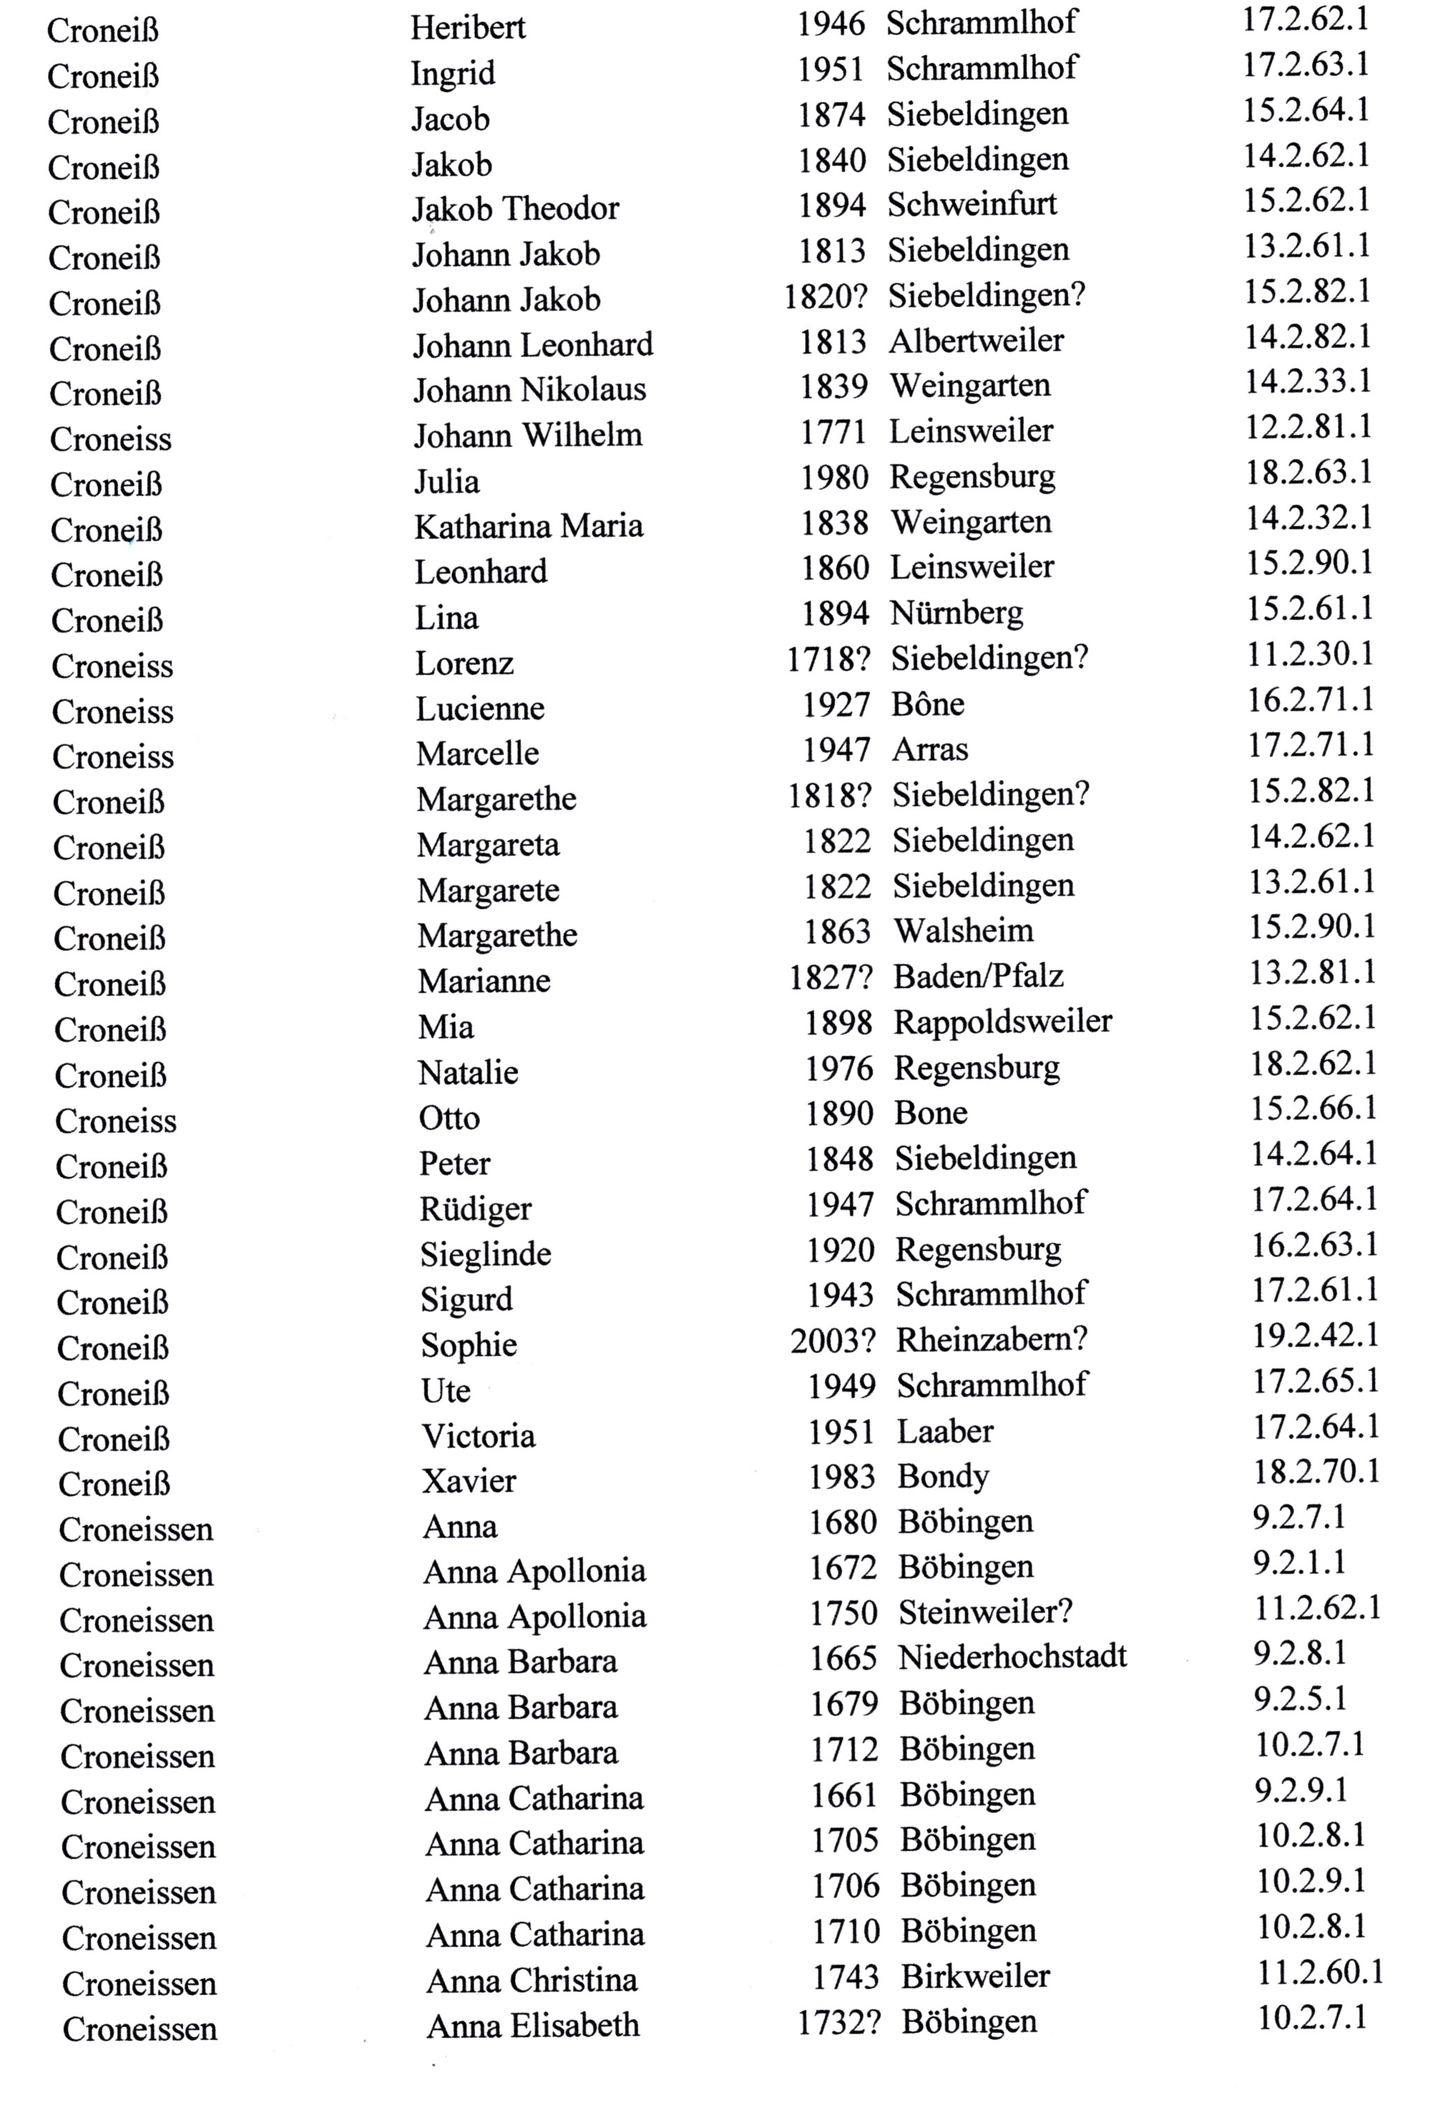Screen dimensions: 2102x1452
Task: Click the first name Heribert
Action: pos(467,27)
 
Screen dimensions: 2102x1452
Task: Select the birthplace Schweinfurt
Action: pos(972,204)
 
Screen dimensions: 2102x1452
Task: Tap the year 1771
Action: pos(832,431)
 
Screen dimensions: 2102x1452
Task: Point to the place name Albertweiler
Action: pos(975,341)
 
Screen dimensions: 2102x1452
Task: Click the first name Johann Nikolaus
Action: pos(530,391)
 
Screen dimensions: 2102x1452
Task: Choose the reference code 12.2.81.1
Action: pos(1308,427)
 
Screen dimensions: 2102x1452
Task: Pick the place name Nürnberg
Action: pos(956,613)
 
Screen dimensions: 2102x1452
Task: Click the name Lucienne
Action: pos(479,708)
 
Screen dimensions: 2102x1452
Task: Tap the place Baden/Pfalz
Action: pos(978,976)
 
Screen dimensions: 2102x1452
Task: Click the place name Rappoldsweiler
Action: pos(1003,1021)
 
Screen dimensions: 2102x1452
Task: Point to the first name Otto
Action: pos(449,1118)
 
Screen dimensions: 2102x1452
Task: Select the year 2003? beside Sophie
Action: pos(832,1340)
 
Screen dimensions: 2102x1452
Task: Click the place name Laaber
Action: pos(945,1431)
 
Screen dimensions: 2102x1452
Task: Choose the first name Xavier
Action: pos(469,1481)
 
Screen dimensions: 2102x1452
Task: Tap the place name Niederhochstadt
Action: pos(1012,1657)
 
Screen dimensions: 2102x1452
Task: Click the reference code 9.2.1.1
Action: pos(1298,1563)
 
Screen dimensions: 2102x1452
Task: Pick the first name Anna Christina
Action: pos(531,1980)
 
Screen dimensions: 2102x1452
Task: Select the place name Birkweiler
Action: pos(975,1976)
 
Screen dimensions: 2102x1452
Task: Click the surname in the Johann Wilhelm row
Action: pos(110,439)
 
